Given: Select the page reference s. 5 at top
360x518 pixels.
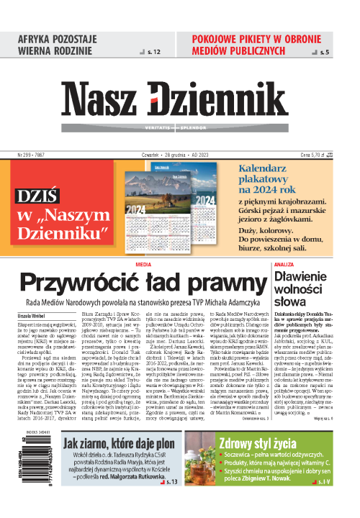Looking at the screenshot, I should (325, 53).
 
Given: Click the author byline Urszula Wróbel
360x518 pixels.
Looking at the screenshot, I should (31, 316).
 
